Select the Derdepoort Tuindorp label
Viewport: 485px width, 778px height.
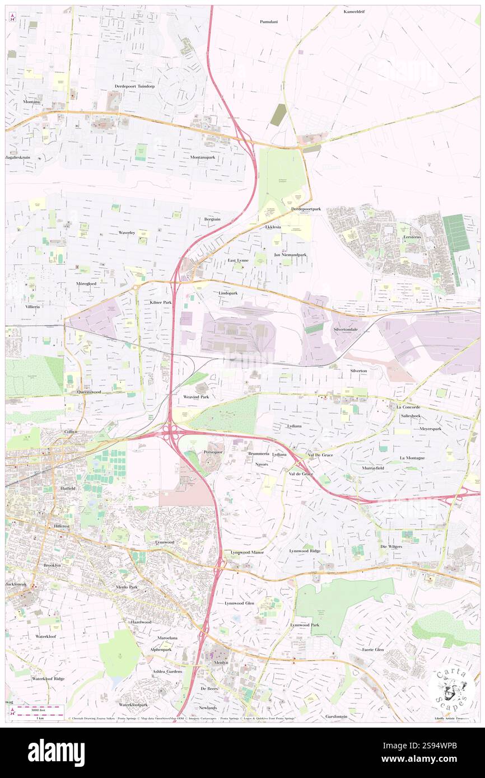[x=134, y=87]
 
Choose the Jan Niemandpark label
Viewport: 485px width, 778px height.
[x=290, y=255]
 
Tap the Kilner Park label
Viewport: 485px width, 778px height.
[x=160, y=302]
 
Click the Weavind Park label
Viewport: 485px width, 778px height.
[x=196, y=396]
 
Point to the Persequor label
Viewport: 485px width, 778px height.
[x=213, y=451]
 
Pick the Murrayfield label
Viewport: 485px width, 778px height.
[x=371, y=467]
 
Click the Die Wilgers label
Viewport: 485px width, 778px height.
[x=391, y=546]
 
